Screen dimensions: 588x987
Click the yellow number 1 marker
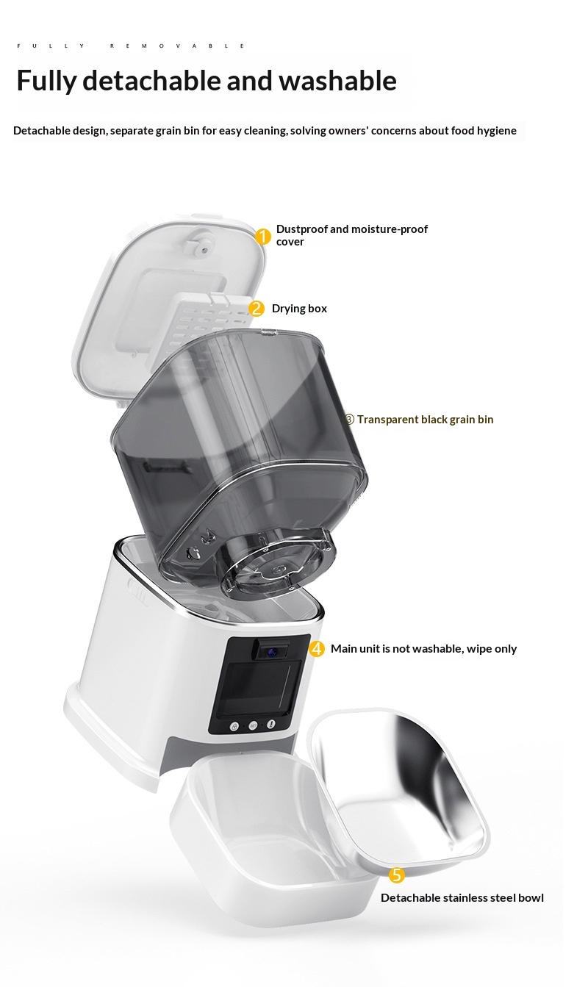pos(262,237)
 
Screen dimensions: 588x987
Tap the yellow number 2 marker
pos(256,309)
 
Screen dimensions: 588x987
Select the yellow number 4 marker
pos(317,649)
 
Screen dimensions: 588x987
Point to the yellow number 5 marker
pos(397,875)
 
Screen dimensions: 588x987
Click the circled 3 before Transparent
pos(348,420)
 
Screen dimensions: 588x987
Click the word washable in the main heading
pos(337,81)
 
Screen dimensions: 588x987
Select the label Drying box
pos(299,309)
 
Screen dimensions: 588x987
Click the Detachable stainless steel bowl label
pos(462,897)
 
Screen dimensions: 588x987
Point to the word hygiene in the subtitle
pos(495,131)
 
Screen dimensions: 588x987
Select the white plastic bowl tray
pos(273,837)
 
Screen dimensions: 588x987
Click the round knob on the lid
pos(204,248)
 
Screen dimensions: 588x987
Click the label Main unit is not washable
pos(423,649)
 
